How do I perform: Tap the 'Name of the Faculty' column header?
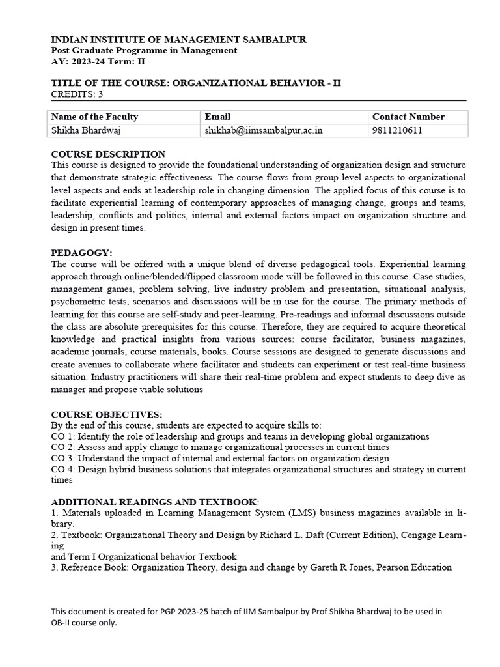[x=94, y=117]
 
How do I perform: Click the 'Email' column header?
[x=217, y=117]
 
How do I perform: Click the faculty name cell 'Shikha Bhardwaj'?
[x=85, y=130]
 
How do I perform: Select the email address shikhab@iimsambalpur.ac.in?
[x=264, y=130]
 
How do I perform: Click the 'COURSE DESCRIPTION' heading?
[x=108, y=154]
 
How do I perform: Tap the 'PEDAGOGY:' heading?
[x=81, y=253]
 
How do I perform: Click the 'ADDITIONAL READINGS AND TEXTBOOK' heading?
[x=154, y=502]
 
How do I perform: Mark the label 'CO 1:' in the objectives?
[x=63, y=436]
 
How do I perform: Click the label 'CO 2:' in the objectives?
[x=63, y=447]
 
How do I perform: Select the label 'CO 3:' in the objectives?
[x=63, y=458]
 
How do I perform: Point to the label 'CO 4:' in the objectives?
[x=63, y=469]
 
